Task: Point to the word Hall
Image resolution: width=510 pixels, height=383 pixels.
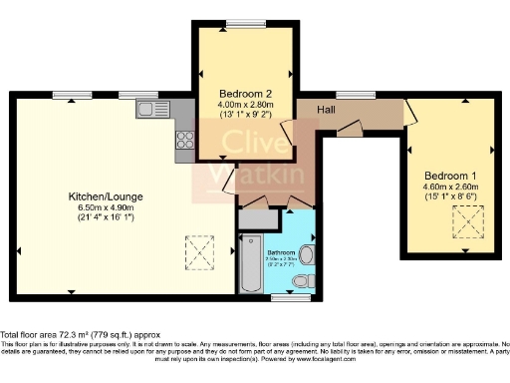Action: [x=327, y=109]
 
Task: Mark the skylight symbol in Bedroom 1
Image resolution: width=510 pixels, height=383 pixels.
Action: [x=465, y=225]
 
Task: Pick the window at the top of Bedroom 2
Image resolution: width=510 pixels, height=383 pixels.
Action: [x=240, y=23]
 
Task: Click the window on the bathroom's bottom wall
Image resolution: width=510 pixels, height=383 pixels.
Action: [x=290, y=297]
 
